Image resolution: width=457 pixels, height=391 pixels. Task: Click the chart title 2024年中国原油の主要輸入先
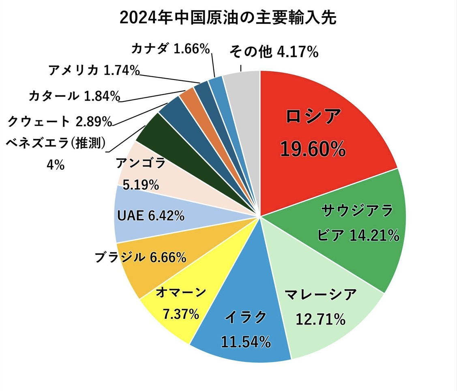coord(228,18)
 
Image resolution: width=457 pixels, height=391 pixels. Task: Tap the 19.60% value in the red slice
coord(313,149)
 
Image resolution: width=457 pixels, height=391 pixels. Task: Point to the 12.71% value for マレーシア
coord(320,320)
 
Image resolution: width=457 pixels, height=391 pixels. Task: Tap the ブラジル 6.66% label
coord(140,257)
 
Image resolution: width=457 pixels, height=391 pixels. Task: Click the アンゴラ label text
coord(140,163)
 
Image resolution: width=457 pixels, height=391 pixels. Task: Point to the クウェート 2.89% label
coord(60,120)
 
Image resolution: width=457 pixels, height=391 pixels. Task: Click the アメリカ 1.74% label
coord(94,71)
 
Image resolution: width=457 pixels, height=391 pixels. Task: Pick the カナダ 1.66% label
coord(170,49)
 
